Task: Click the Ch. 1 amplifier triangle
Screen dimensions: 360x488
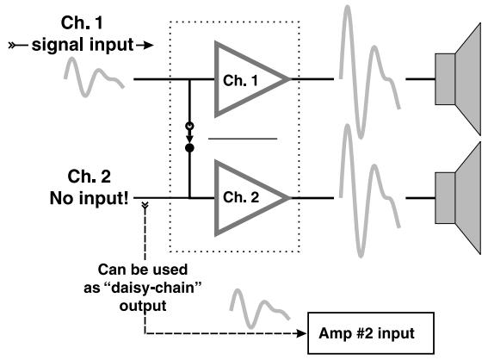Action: click(x=245, y=80)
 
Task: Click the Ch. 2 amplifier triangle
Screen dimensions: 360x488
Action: click(x=245, y=196)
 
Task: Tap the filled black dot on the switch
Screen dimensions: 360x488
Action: click(x=190, y=148)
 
